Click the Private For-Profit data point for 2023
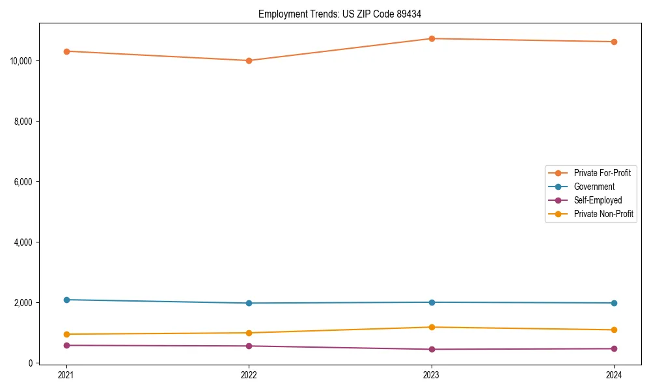coord(432,38)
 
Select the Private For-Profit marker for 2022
coord(249,60)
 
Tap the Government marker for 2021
coord(66,300)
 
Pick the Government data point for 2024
coord(614,303)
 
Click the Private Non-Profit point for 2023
coord(432,327)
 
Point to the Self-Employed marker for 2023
coord(432,349)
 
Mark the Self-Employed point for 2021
coord(66,345)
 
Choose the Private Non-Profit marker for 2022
coord(249,333)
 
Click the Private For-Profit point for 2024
coord(614,42)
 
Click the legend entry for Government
coord(594,187)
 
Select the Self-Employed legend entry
coord(598,200)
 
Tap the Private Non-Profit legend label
coord(603,214)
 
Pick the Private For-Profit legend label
coord(602,173)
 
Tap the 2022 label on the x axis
coord(249,374)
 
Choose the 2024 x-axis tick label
coord(614,374)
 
